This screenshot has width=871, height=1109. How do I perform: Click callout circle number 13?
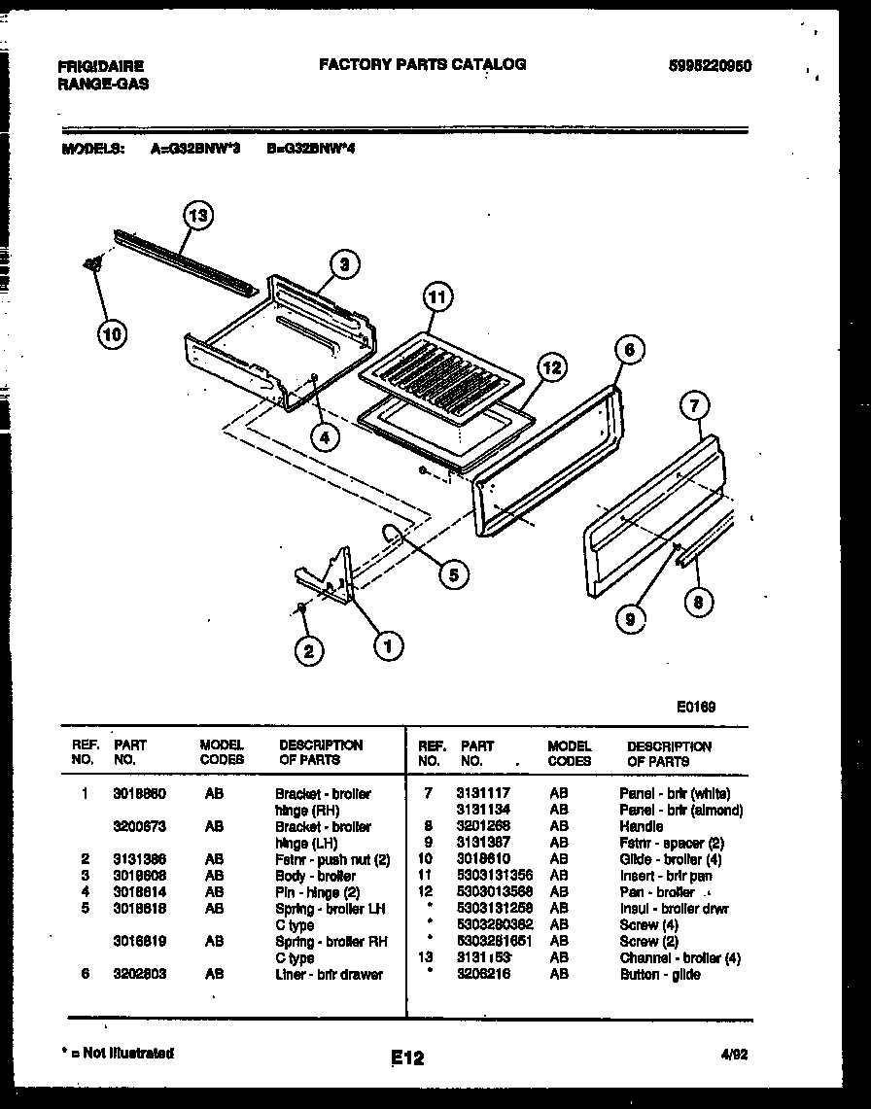click(197, 216)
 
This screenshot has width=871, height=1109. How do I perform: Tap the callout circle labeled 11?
click(437, 297)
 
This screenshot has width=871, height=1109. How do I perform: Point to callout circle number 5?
click(453, 574)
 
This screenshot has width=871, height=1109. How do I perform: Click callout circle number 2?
click(309, 652)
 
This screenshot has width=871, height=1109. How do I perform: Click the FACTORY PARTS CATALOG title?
click(423, 64)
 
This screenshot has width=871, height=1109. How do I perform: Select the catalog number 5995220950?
click(710, 66)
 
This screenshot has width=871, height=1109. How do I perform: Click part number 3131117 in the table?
click(484, 794)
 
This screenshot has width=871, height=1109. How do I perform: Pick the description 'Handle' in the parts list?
click(641, 827)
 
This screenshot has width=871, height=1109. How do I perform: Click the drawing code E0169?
click(696, 708)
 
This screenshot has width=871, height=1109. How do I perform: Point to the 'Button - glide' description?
click(660, 975)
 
